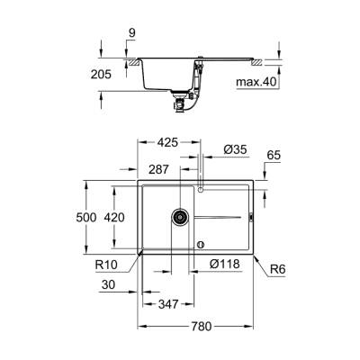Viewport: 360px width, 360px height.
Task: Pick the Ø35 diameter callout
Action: click(234, 148)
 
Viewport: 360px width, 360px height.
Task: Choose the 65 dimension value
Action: click(275, 156)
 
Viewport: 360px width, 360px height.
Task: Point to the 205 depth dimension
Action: click(100, 76)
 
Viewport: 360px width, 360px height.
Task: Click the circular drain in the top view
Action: click(180, 217)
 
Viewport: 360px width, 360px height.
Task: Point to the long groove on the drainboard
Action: click(220, 217)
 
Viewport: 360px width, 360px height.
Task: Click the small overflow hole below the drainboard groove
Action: click(200, 241)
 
